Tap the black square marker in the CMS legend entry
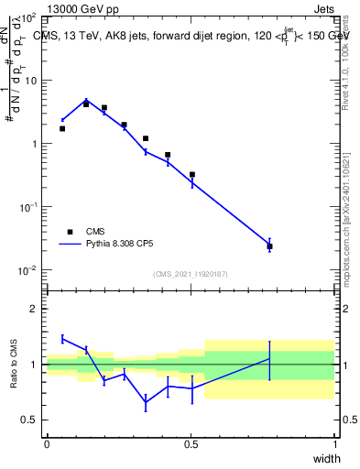tap(69, 232)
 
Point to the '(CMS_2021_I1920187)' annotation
tap(189, 274)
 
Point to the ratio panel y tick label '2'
tap(34, 309)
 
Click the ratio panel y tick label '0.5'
tap(30, 420)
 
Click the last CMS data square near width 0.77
tap(269, 246)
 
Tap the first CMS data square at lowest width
tap(62, 128)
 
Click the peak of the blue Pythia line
tap(86, 101)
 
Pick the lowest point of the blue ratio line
tap(146, 402)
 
